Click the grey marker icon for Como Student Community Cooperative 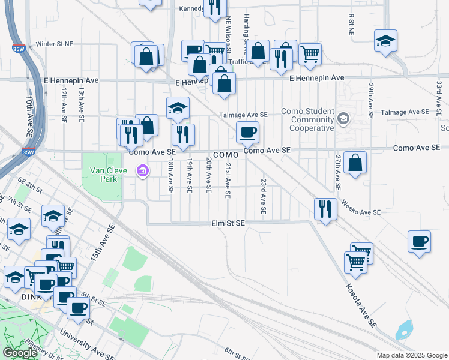click(x=343, y=118)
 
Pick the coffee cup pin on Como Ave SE click(x=247, y=133)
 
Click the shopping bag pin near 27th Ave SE click(x=355, y=163)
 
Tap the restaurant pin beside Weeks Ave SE click(x=325, y=209)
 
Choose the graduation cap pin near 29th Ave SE click(x=385, y=41)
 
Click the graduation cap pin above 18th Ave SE click(x=178, y=109)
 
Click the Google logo click(x=20, y=353)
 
